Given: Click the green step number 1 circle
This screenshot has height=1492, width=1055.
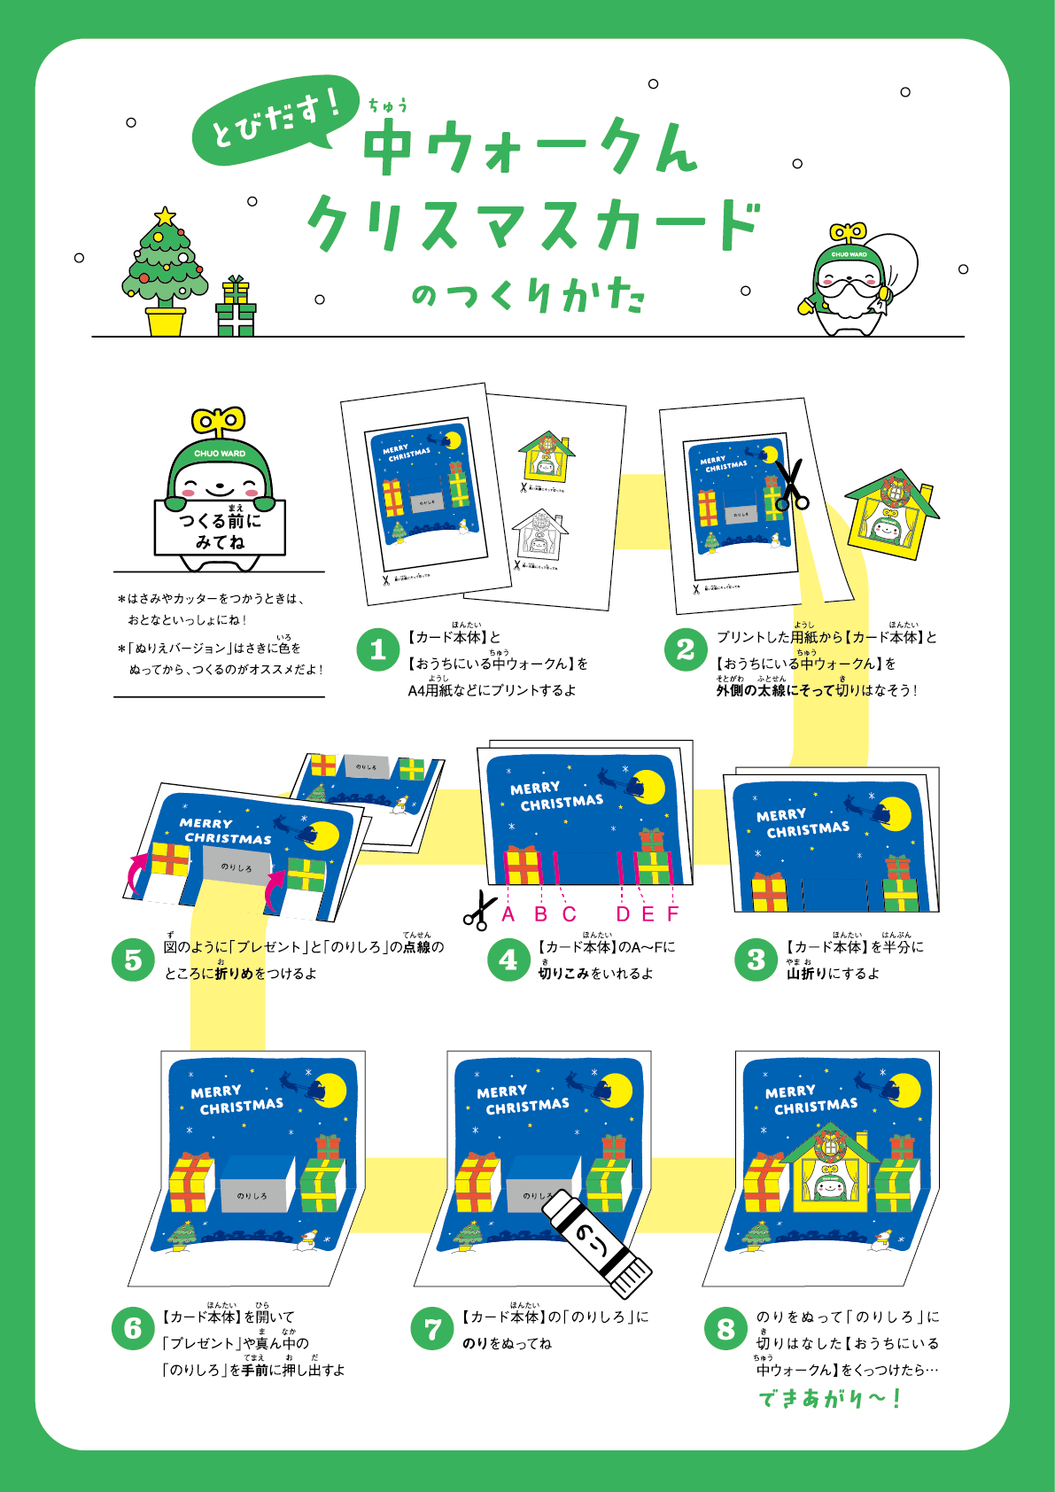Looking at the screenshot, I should [378, 650].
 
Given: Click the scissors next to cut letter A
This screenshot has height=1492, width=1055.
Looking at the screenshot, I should [479, 911].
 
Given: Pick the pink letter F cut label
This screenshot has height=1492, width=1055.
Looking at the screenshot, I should [673, 914].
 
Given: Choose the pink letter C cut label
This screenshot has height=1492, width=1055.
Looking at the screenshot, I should [569, 914].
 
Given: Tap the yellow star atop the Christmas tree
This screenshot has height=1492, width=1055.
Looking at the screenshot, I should [165, 215].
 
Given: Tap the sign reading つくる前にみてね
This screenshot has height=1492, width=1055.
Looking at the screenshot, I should [220, 529].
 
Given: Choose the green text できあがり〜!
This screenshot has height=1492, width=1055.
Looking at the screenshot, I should [829, 1399].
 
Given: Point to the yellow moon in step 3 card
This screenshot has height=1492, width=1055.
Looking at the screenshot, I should [894, 813].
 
